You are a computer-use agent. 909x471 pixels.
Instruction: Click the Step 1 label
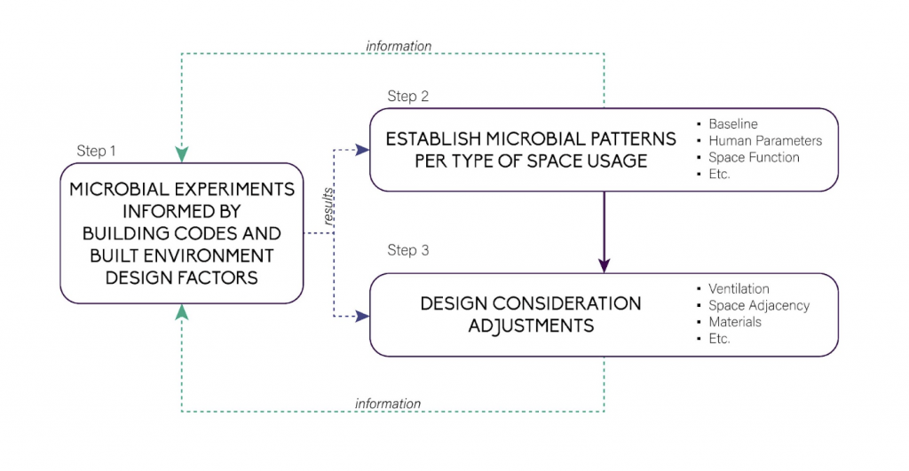96,151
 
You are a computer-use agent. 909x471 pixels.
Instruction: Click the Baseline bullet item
732,124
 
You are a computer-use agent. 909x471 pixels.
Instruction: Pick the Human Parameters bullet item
764,140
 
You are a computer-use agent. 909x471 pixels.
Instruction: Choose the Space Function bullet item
753,157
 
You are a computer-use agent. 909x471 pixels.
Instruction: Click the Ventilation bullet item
738,288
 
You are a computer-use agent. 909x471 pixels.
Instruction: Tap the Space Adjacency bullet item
758,305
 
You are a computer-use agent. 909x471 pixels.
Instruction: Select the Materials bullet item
734,322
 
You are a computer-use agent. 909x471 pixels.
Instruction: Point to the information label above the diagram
399,45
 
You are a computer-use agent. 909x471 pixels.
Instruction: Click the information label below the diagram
388,404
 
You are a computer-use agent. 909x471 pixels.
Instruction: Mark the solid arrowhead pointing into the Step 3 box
605,265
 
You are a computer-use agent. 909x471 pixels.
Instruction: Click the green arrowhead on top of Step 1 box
182,155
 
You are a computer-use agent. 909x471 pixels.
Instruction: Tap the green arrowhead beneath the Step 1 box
182,311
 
